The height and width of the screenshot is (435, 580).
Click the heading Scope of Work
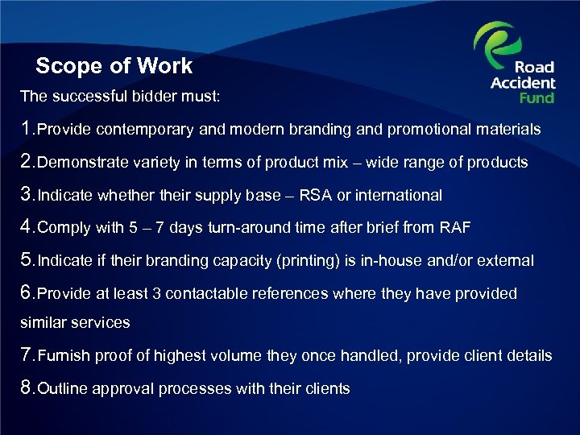tap(114, 66)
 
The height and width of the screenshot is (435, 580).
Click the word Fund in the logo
tap(536, 97)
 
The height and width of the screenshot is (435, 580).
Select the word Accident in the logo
tap(523, 83)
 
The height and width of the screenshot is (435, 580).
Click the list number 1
tap(27, 129)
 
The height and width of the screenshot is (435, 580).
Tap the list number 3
tap(27, 195)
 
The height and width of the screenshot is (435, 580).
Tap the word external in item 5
tap(507, 261)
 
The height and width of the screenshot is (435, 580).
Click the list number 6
tap(27, 293)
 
